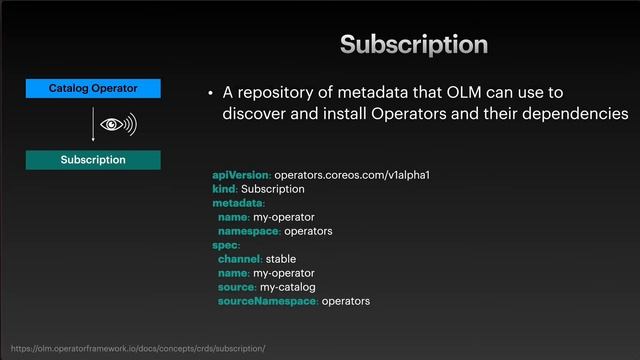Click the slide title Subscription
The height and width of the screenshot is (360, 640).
pyautogui.click(x=413, y=44)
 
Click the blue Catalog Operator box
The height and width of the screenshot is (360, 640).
pyautogui.click(x=93, y=89)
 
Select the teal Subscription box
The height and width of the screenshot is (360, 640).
pyautogui.click(x=93, y=159)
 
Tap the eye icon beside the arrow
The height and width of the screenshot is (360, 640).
pyautogui.click(x=117, y=125)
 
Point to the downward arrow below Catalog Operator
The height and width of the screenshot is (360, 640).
pyautogui.click(x=93, y=124)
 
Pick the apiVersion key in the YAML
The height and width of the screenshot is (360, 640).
pyautogui.click(x=241, y=175)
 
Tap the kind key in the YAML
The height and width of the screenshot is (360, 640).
pyautogui.click(x=224, y=189)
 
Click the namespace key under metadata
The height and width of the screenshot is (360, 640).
pyautogui.click(x=249, y=231)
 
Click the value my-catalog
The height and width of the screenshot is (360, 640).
pyautogui.click(x=288, y=287)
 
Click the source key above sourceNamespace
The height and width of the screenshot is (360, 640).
pyautogui.click(x=237, y=287)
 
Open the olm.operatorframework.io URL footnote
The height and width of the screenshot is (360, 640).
pyautogui.click(x=137, y=348)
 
